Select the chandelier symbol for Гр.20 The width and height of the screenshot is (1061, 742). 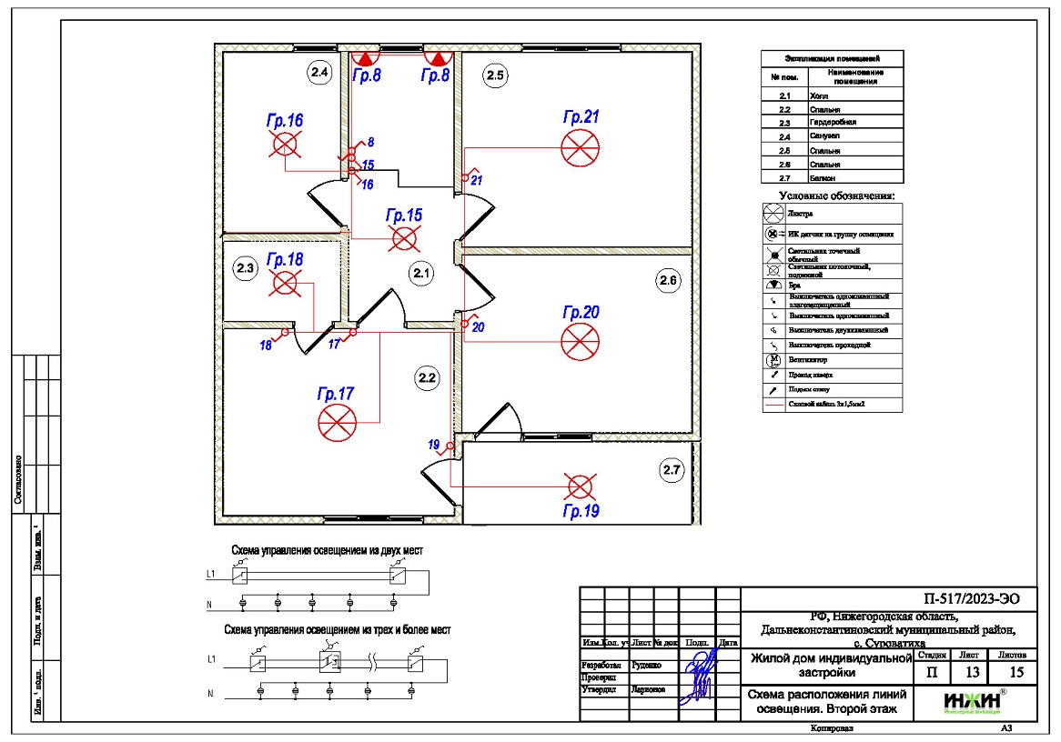point(581,343)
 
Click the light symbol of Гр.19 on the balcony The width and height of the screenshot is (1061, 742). point(580,486)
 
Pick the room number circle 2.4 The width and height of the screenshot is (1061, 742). point(320,75)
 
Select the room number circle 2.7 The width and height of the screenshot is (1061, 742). point(671,470)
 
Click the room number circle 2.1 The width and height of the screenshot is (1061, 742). point(419,272)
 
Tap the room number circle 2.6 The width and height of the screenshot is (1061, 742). point(669,281)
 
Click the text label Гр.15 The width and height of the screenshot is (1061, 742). point(404,216)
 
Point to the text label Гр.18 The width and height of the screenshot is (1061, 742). point(285,260)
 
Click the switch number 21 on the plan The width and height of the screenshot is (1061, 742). point(477,179)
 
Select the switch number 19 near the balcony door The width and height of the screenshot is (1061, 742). point(434,445)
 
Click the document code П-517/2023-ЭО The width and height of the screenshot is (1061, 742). point(965,598)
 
